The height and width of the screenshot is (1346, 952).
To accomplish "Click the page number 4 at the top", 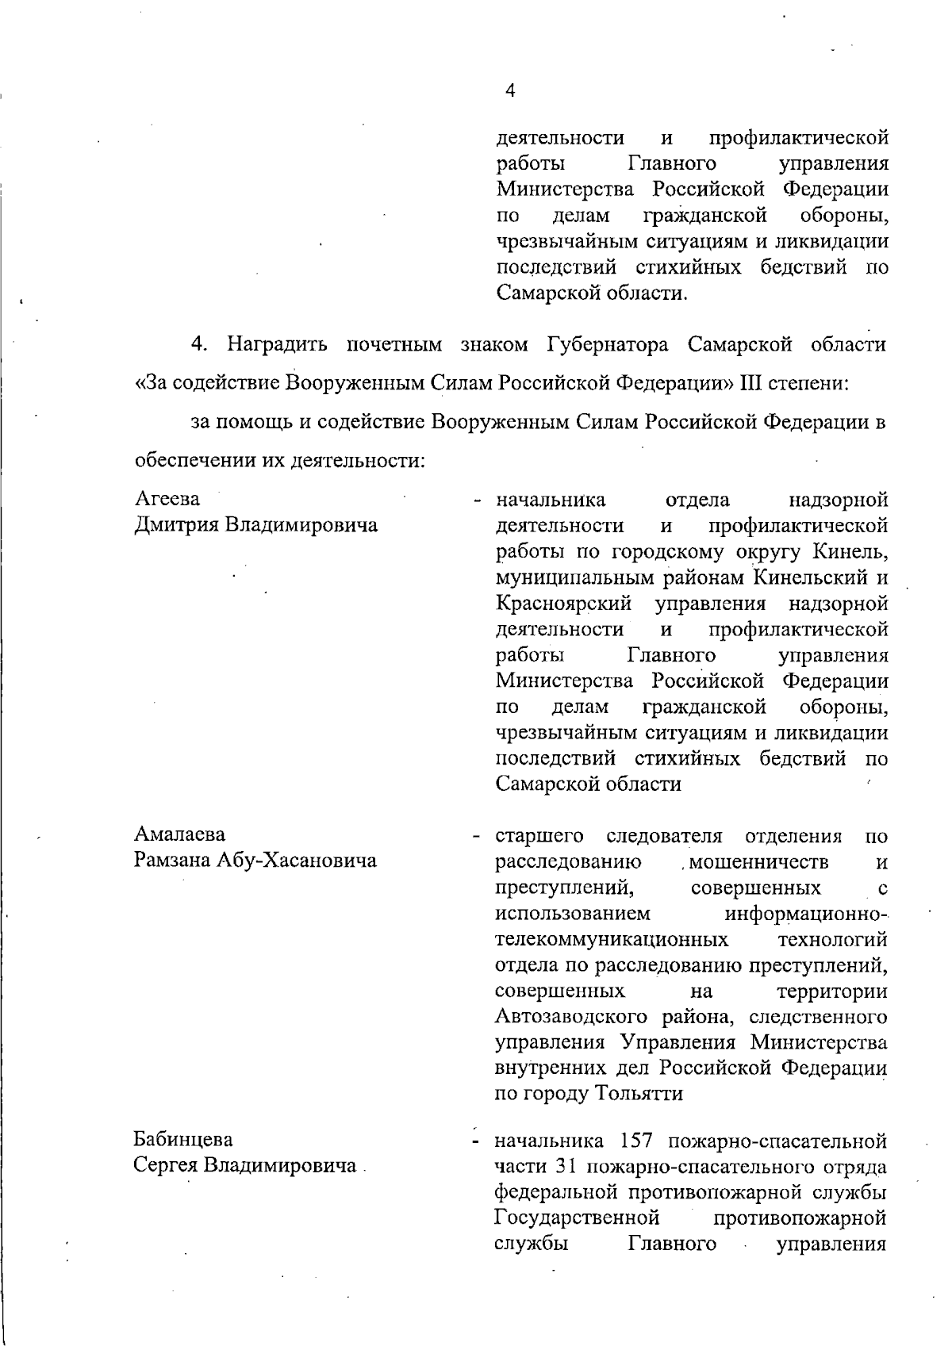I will click(x=510, y=91).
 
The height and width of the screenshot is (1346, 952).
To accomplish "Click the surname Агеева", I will click(x=167, y=499).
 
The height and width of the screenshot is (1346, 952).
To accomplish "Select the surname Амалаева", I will click(x=180, y=834).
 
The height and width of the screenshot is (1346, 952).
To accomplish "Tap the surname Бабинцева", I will click(x=183, y=1139).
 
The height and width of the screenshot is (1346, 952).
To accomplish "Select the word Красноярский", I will click(x=564, y=604).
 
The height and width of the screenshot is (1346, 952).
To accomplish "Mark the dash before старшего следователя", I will click(x=477, y=836).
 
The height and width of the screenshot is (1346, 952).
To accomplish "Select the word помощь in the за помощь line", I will click(x=253, y=422).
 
